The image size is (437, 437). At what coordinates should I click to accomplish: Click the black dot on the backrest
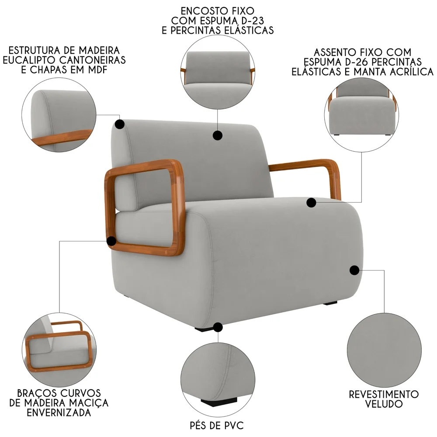point(217,135)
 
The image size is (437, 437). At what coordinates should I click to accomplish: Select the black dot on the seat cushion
point(311,202)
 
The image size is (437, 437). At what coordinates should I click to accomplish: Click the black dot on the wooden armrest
point(112,240)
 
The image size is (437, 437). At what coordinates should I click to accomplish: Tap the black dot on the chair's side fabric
point(354,270)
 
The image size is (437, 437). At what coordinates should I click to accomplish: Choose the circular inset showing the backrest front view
point(218,71)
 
